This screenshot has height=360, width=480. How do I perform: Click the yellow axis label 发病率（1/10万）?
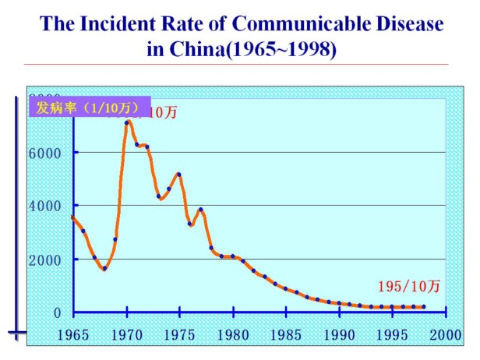point(85,107)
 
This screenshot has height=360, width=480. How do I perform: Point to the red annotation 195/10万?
point(408,286)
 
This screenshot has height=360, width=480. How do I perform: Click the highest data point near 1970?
point(127,122)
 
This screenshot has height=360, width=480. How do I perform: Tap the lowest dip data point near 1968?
point(104,269)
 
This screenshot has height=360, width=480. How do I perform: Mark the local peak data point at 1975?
point(179,175)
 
